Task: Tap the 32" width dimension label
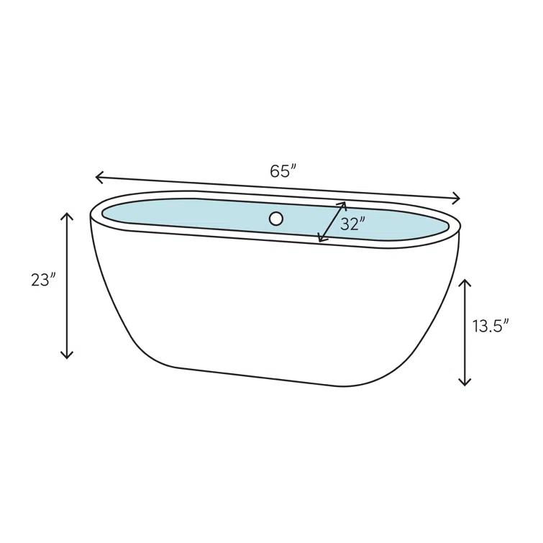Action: [353, 224]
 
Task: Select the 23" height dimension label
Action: [43, 280]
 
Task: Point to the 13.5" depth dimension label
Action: [490, 326]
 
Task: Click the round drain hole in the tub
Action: [276, 219]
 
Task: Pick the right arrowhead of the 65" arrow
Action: [458, 199]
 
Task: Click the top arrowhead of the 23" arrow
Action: [67, 215]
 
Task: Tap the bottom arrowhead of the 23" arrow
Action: [67, 356]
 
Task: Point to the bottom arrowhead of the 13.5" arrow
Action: [465, 383]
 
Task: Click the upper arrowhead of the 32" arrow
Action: [344, 204]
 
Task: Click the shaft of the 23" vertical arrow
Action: [67, 288]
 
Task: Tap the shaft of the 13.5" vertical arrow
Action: [465, 331]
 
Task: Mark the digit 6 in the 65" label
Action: [275, 171]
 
